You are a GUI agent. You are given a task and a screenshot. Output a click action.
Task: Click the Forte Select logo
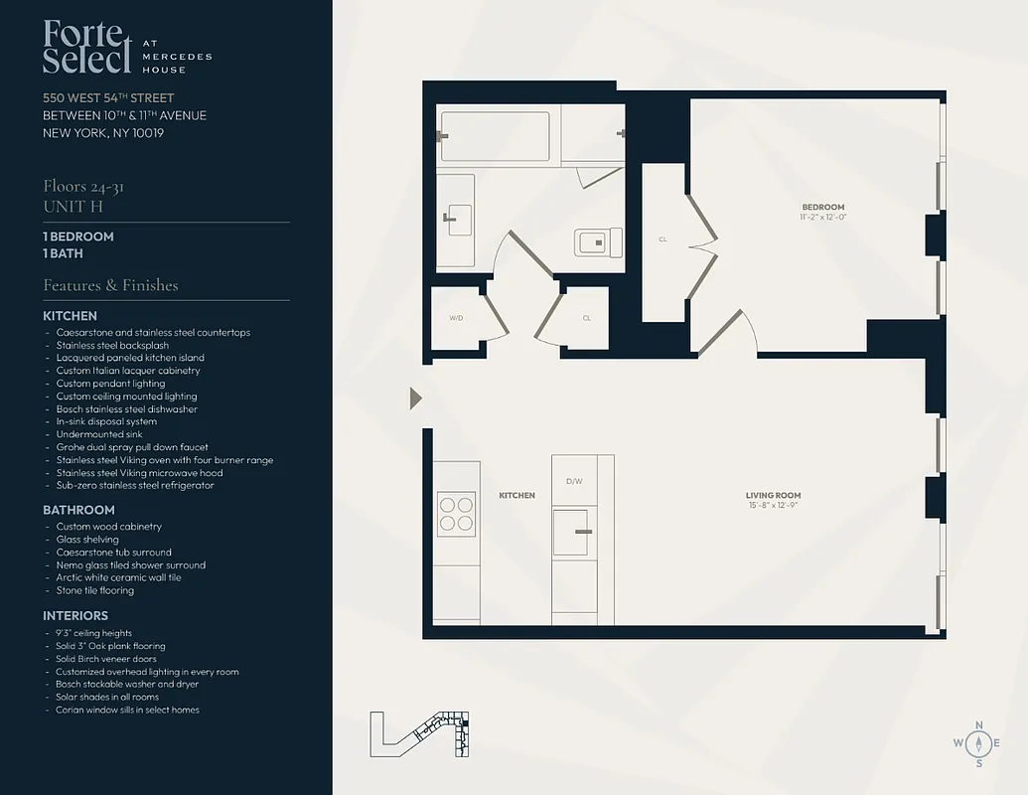[x=87, y=48]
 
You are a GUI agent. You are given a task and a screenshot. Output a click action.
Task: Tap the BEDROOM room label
[x=822, y=207]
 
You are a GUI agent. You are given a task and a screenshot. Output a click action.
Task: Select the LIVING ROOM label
[x=773, y=495]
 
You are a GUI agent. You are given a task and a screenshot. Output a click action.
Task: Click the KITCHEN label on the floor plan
[x=516, y=495]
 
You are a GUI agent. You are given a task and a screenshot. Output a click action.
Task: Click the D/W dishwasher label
[x=574, y=481]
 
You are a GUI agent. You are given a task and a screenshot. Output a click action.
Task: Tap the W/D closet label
[x=456, y=318]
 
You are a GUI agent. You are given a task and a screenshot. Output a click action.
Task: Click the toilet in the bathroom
[x=598, y=241]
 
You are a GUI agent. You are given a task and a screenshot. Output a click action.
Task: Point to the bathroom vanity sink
[x=459, y=221]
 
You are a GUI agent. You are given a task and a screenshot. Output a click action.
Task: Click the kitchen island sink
[x=573, y=532]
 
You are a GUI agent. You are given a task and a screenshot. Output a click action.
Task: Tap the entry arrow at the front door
[x=416, y=398]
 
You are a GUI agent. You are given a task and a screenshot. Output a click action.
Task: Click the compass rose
[x=979, y=743]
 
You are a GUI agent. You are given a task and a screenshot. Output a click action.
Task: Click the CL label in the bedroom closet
[x=662, y=239]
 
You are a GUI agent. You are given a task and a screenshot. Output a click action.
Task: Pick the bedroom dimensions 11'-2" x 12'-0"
[x=822, y=217]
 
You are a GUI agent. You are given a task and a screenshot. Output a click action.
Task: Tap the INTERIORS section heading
[x=75, y=616]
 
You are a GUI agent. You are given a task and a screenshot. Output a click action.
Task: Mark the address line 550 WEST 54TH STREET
[x=108, y=97]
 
